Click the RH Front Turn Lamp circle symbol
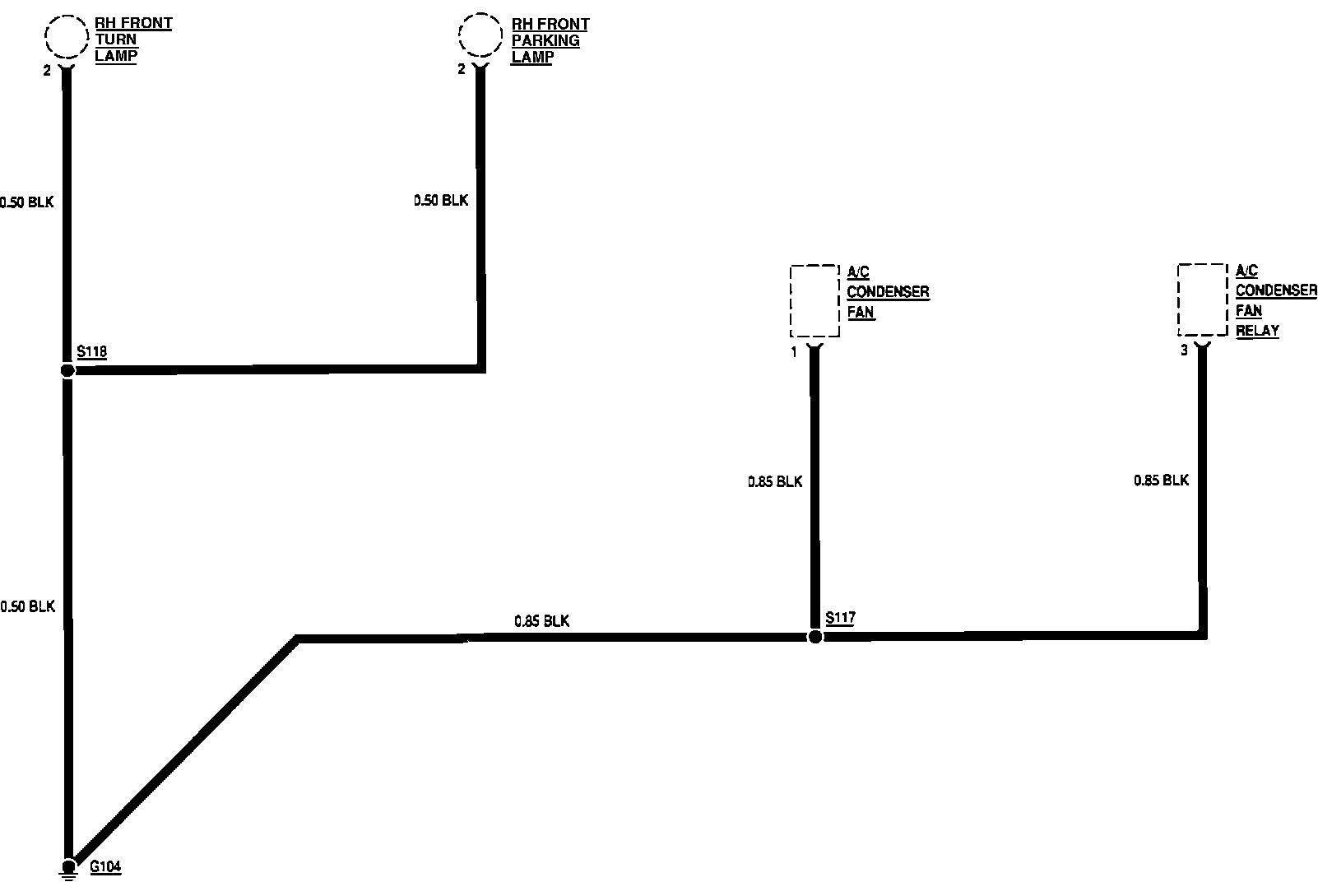[x=66, y=37]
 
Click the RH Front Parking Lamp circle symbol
[x=480, y=37]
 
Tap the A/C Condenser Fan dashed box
[x=814, y=300]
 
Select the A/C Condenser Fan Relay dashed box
[x=1202, y=299]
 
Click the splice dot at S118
[x=67, y=370]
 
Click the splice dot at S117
[x=814, y=637]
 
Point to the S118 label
[x=92, y=352]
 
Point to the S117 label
[x=840, y=618]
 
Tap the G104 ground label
[x=105, y=866]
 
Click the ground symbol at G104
[x=69, y=868]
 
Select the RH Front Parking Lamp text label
[x=549, y=40]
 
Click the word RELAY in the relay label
[x=1257, y=331]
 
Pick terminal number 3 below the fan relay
[x=1184, y=350]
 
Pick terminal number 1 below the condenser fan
[x=794, y=352]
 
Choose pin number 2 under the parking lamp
[x=462, y=70]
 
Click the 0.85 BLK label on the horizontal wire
[x=541, y=621]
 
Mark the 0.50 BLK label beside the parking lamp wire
[x=441, y=200]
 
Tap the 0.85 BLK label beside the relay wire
[x=1161, y=480]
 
